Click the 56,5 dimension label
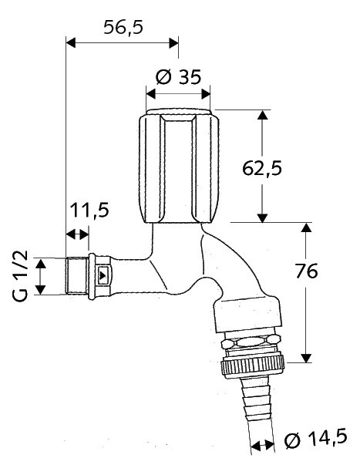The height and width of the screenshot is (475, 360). tap(123, 28)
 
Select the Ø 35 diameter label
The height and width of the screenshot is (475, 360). tap(178, 77)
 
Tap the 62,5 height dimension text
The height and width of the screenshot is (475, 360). tap(262, 168)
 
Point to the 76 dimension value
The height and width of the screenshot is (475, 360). tap(306, 271)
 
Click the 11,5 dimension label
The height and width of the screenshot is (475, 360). tap(89, 210)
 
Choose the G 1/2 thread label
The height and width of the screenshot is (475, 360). tap(21, 276)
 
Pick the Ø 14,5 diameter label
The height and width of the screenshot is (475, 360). tap(315, 440)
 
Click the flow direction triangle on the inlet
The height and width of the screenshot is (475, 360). tap(103, 276)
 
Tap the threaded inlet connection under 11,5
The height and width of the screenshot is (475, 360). tap(77, 276)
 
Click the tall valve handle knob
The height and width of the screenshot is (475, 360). tap(179, 166)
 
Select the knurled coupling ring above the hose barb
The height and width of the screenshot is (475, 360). tap(253, 367)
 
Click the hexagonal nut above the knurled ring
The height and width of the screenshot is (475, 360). tap(250, 343)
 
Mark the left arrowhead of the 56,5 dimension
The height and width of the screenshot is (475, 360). tap(71, 43)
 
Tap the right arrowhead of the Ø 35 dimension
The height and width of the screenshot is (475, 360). tap(206, 94)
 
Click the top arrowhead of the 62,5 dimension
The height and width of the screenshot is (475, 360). tap(263, 115)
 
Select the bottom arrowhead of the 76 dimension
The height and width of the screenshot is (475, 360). tap(306, 358)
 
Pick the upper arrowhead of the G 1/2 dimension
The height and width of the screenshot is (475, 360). tap(41, 264)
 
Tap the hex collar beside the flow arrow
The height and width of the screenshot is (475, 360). tap(101, 276)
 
